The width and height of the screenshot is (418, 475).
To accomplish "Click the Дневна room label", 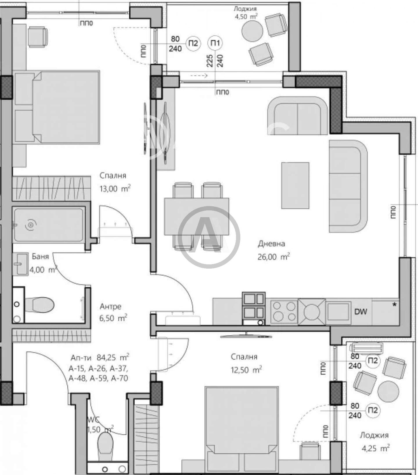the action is (x=271, y=244).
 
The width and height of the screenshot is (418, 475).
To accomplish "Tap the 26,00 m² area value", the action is (x=273, y=256).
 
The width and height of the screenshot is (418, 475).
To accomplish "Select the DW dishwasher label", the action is (x=361, y=312).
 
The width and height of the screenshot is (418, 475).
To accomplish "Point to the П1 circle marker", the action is (x=215, y=43).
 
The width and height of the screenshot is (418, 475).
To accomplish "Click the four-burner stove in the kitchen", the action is (x=284, y=312).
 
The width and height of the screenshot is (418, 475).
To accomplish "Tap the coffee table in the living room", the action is (x=295, y=185).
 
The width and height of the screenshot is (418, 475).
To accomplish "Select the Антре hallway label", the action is (x=110, y=306).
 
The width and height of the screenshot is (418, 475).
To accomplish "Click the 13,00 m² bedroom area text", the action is (x=115, y=189).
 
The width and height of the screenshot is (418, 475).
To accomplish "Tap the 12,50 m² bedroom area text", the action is (x=246, y=370).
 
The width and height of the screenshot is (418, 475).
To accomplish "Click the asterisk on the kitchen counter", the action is (x=394, y=305).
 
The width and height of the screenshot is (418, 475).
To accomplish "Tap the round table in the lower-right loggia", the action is (x=388, y=391).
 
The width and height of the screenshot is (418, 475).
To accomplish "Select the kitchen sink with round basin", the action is (x=311, y=312).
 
